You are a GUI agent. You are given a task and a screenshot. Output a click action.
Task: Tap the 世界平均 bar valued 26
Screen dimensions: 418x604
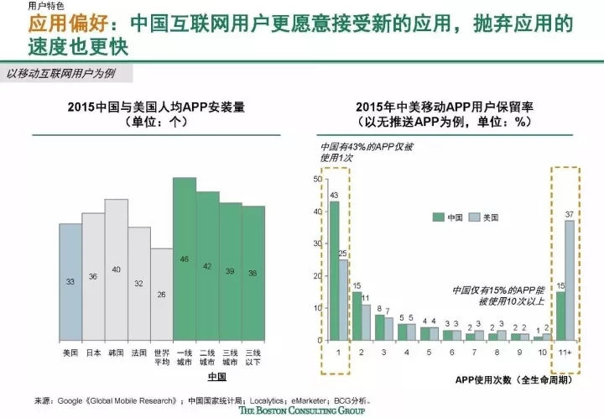[x=162, y=294]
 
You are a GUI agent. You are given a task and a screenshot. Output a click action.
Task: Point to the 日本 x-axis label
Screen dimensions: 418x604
[x=93, y=353]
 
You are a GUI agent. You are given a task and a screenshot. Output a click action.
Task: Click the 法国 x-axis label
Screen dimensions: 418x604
[x=139, y=353]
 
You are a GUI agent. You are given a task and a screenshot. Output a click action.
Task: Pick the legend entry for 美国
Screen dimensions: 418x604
[x=482, y=217]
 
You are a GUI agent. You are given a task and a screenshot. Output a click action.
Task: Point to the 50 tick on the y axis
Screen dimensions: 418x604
[x=317, y=180]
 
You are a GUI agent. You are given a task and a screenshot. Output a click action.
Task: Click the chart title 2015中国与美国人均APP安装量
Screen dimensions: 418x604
[x=157, y=107]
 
